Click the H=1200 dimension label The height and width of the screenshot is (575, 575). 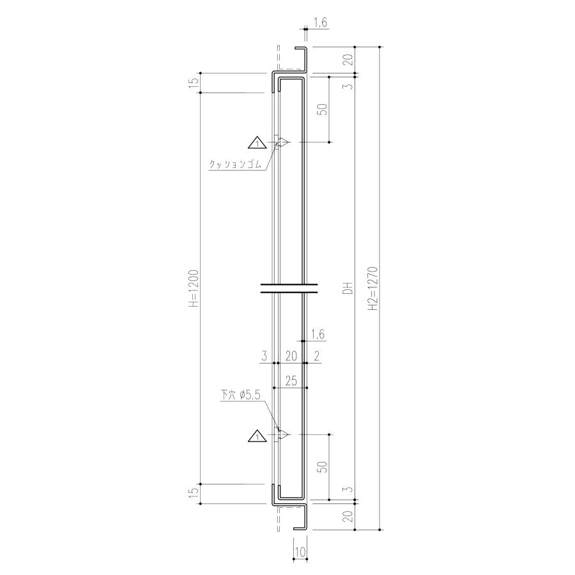(x=195, y=288)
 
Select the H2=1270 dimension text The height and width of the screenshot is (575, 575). (x=373, y=288)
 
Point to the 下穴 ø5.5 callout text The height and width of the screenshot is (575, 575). (x=240, y=395)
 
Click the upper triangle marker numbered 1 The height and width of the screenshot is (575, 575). (x=257, y=143)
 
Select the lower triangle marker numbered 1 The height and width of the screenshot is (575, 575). (x=257, y=436)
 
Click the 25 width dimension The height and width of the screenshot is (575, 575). (x=291, y=381)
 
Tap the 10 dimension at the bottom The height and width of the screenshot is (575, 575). (x=300, y=551)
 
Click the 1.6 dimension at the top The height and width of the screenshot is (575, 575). (x=320, y=23)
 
